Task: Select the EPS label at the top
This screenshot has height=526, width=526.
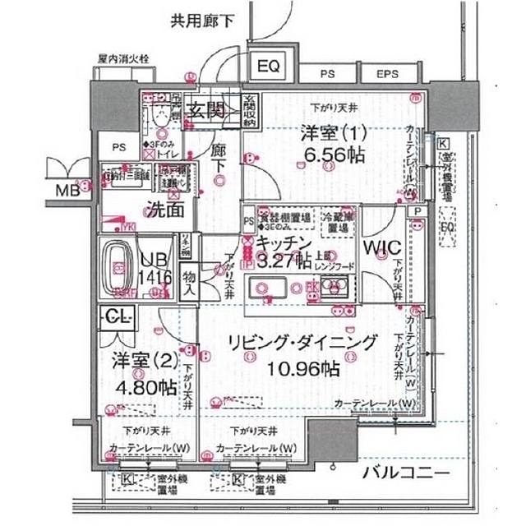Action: (x=387, y=74)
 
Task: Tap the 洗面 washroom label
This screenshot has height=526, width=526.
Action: (x=164, y=209)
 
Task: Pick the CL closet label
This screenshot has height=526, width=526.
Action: (x=117, y=316)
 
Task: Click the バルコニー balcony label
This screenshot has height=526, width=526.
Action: (x=405, y=474)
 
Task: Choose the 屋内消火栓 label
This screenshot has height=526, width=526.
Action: (x=122, y=59)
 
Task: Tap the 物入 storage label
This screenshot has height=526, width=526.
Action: (x=188, y=283)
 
